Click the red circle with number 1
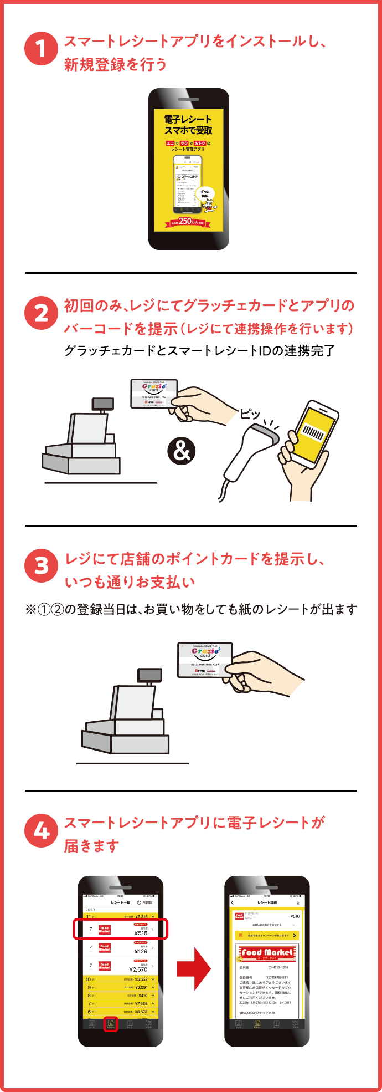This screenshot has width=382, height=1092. pyautogui.click(x=41, y=48)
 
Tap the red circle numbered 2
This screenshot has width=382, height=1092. pyautogui.click(x=41, y=313)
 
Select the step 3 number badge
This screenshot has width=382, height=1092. pyautogui.click(x=41, y=566)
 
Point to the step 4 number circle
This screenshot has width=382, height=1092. pyautogui.click(x=41, y=830)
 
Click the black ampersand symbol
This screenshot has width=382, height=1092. pyautogui.click(x=182, y=451)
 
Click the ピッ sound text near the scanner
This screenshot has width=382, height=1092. pyautogui.click(x=250, y=414)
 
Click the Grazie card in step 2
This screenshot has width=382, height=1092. pyautogui.click(x=154, y=394)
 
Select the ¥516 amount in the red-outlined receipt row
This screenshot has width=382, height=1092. pyautogui.click(x=141, y=933)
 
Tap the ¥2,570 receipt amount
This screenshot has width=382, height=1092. pyautogui.click(x=138, y=969)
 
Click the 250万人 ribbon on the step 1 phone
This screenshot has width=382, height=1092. pyautogui.click(x=188, y=221)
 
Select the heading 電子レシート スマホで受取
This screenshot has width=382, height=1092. pyautogui.click(x=188, y=125)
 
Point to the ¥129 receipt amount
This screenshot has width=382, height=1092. pyautogui.click(x=141, y=951)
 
